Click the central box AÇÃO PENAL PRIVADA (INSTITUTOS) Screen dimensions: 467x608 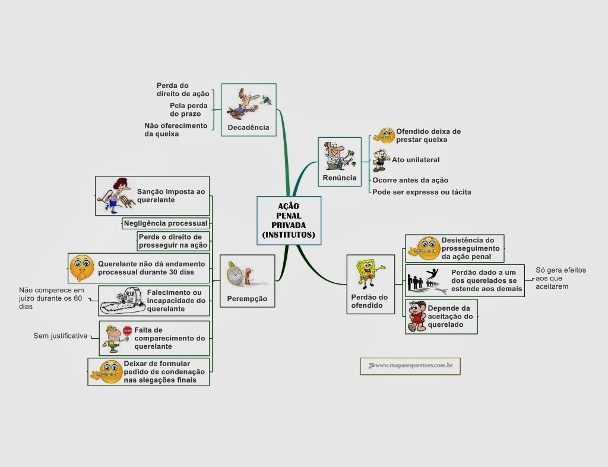pyautogui.click(x=289, y=220)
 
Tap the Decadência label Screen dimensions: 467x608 pyautogui.click(x=248, y=127)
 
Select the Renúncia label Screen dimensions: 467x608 pyautogui.click(x=340, y=178)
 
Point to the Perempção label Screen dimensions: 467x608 pyautogui.click(x=247, y=298)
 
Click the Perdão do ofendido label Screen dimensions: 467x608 pyautogui.click(x=370, y=301)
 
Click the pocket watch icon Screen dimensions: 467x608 pyautogui.click(x=236, y=274)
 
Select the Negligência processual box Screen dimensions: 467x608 pyautogui.click(x=166, y=223)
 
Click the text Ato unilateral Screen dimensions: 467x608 pyautogui.click(x=416, y=160)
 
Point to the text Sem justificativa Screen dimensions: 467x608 pyautogui.click(x=60, y=336)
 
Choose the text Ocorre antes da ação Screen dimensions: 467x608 pyautogui.click(x=410, y=180)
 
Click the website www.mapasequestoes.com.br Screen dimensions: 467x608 pyautogui.click(x=410, y=366)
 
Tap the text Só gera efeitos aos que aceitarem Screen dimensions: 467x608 pyautogui.click(x=560, y=278)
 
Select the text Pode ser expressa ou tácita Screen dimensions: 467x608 pyautogui.click(x=422, y=192)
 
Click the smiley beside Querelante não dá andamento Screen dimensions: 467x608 pyautogui.click(x=82, y=267)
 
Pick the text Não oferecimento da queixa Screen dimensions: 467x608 pyautogui.click(x=176, y=130)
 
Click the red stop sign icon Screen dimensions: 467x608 pyautogui.click(x=127, y=330)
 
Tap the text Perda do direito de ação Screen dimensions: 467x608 pyautogui.click(x=183, y=90)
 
